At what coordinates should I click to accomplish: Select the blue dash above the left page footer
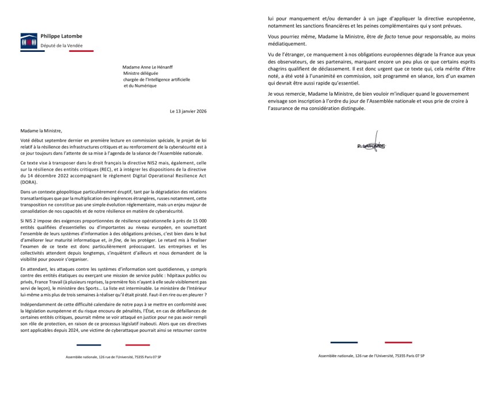point(88,345)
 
